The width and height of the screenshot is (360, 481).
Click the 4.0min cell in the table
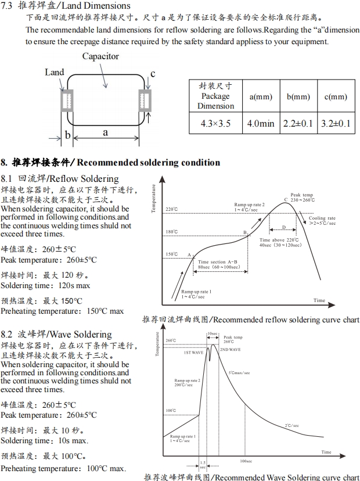click(261, 123)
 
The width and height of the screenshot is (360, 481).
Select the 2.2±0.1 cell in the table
click(298, 123)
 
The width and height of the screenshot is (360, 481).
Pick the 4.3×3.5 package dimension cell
click(215, 123)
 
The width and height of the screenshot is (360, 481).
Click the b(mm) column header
click(298, 96)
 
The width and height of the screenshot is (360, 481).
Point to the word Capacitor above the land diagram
click(100, 56)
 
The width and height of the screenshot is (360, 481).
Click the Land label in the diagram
click(55, 73)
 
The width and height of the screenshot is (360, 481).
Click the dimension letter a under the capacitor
click(105, 132)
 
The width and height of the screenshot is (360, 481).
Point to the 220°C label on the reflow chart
click(171, 209)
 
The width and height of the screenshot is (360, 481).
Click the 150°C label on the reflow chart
click(171, 254)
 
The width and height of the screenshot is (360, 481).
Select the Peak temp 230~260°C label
click(302, 198)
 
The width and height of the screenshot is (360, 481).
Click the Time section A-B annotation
click(218, 265)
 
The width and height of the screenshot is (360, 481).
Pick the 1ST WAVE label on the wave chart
click(193, 353)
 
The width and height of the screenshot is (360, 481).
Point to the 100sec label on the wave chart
click(246, 461)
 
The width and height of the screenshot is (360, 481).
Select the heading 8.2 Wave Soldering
click(56, 334)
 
